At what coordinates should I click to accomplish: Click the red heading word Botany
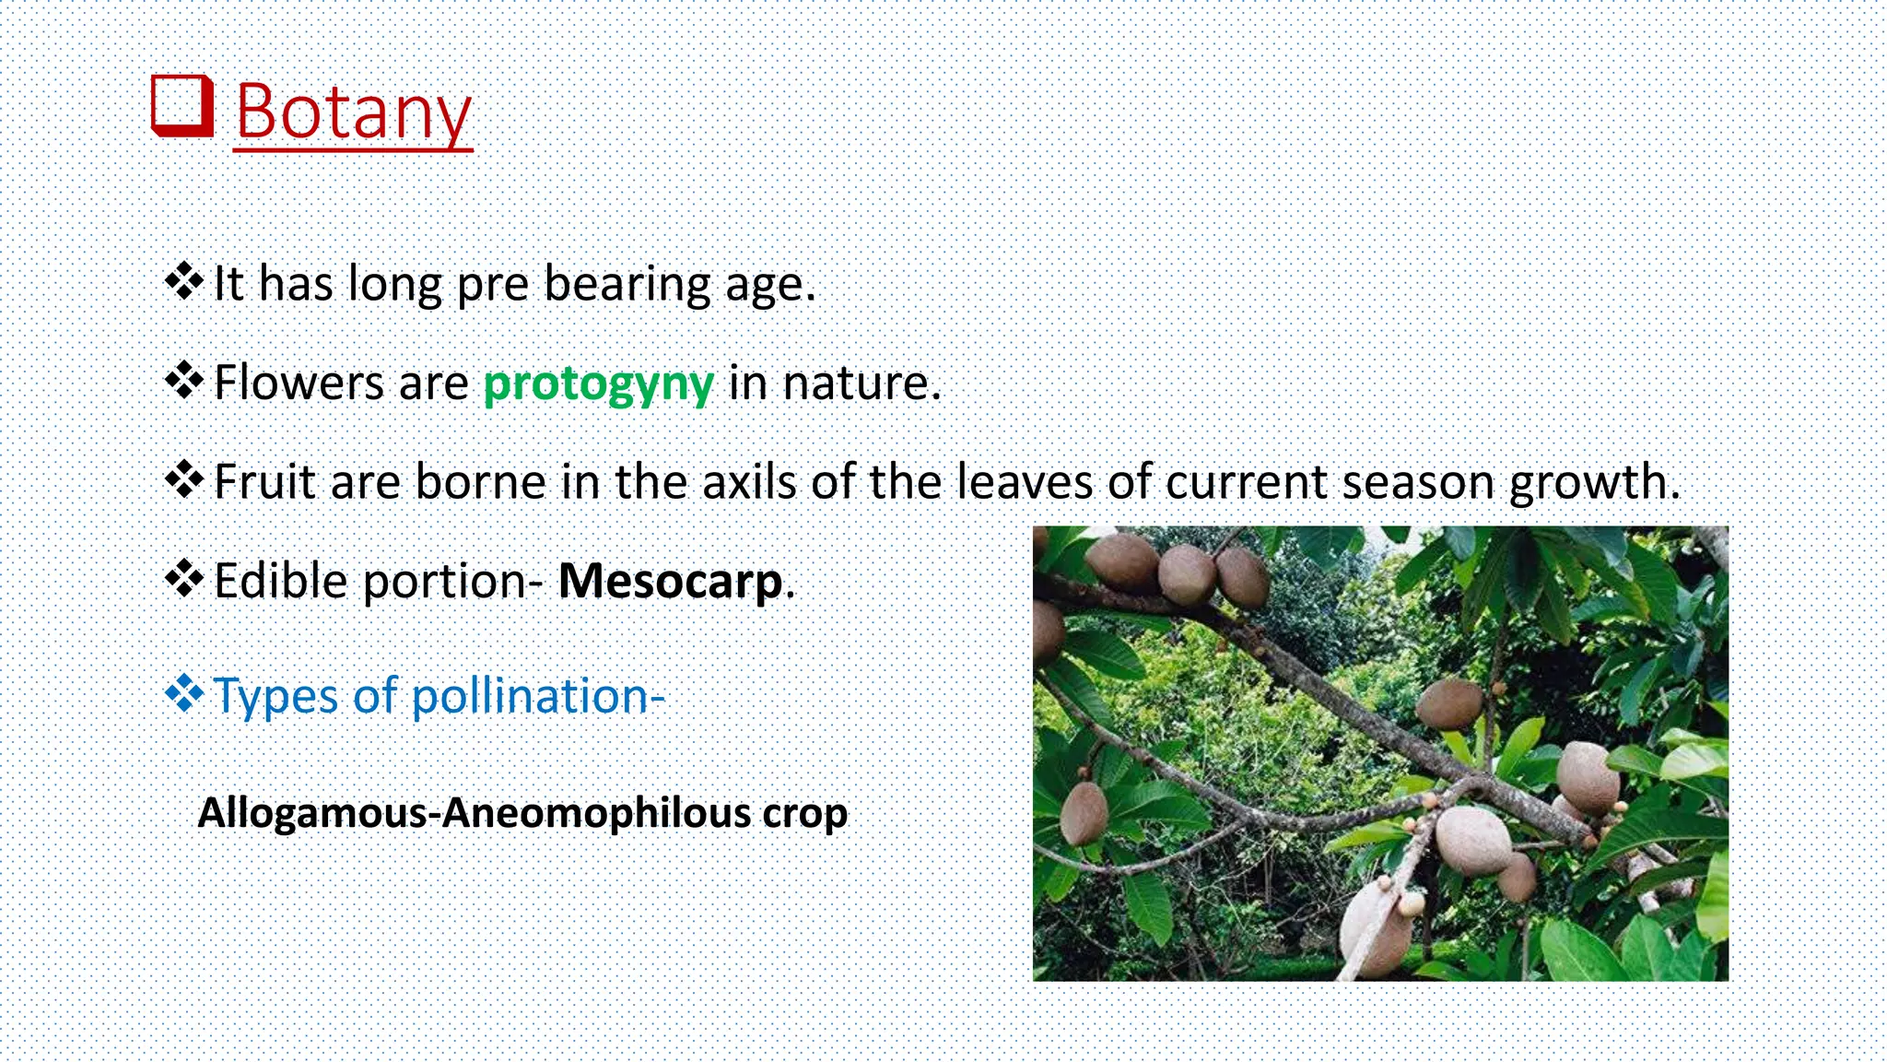(x=354, y=112)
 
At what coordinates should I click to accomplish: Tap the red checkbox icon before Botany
(x=182, y=105)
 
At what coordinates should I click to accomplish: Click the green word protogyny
(x=598, y=383)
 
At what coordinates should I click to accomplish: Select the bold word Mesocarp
(x=671, y=581)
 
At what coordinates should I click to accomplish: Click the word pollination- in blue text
(x=537, y=695)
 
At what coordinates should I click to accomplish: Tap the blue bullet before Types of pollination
(x=184, y=693)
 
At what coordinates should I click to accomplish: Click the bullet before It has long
(x=184, y=281)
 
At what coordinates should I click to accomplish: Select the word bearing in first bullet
(x=627, y=284)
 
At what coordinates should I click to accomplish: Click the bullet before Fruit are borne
(x=184, y=479)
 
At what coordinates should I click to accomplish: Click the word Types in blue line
(x=275, y=697)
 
